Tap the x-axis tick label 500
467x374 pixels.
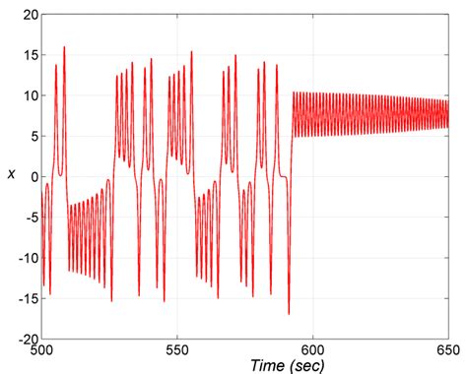point(42,351)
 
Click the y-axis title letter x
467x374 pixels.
point(10,174)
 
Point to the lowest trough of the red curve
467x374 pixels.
point(289,314)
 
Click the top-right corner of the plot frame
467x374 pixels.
point(448,16)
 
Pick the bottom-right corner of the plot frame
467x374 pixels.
point(448,339)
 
